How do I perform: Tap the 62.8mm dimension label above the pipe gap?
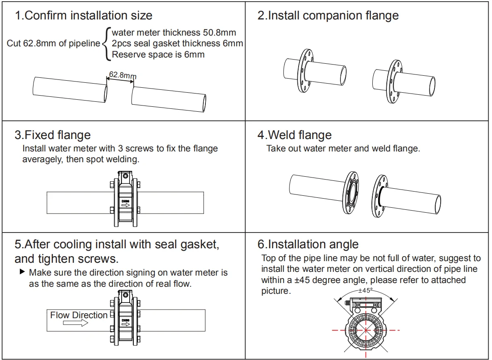tap(122, 75)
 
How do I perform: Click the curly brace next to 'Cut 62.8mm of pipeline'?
tap(105, 43)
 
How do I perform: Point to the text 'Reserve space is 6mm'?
tap(158, 54)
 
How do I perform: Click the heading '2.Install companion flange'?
tap(328, 16)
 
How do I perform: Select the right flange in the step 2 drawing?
tap(393, 81)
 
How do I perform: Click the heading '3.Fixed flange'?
tap(53, 135)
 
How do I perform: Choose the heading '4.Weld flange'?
tap(294, 135)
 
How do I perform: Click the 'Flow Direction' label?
tap(79, 315)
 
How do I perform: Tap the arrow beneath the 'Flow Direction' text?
tap(75, 323)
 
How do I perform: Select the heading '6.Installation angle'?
tap(308, 244)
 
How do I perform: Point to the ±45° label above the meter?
tap(365, 290)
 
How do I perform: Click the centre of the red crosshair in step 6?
tap(366, 330)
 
